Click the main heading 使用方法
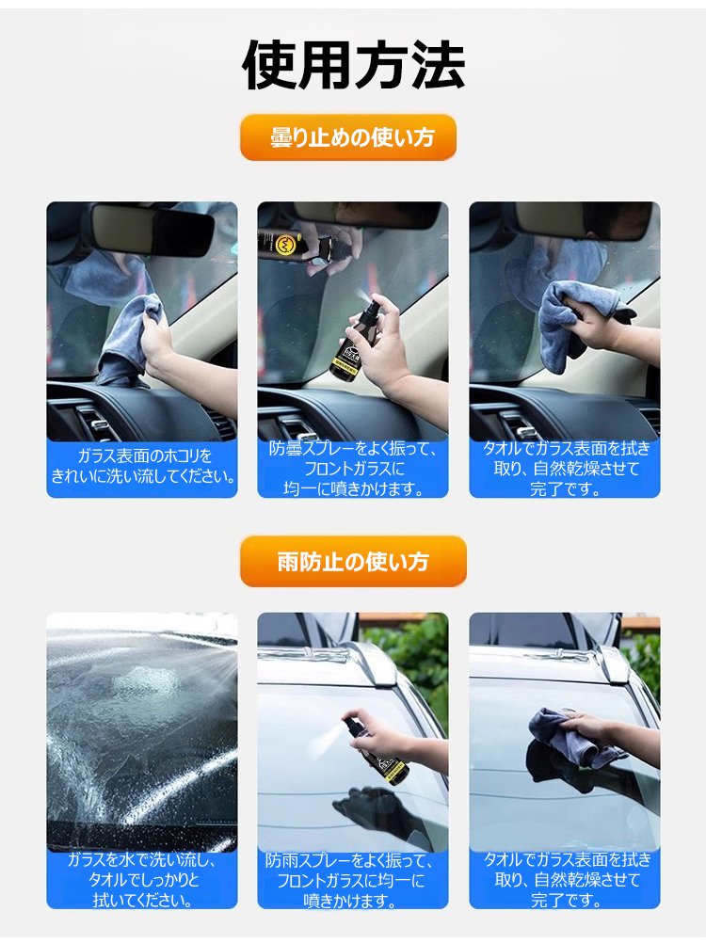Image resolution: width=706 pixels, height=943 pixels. click(x=353, y=65)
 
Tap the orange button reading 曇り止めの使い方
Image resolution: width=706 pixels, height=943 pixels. click(x=348, y=137)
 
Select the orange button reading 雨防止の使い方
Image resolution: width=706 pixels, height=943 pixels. click(x=353, y=562)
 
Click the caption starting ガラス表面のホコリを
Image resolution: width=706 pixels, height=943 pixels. click(x=142, y=466)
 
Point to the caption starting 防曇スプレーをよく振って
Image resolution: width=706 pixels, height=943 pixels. click(x=353, y=469)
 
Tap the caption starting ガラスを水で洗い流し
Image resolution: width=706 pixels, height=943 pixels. click(x=142, y=880)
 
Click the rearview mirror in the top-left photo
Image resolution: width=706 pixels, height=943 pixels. click(x=152, y=229)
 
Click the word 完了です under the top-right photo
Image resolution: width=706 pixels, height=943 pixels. click(x=565, y=488)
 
